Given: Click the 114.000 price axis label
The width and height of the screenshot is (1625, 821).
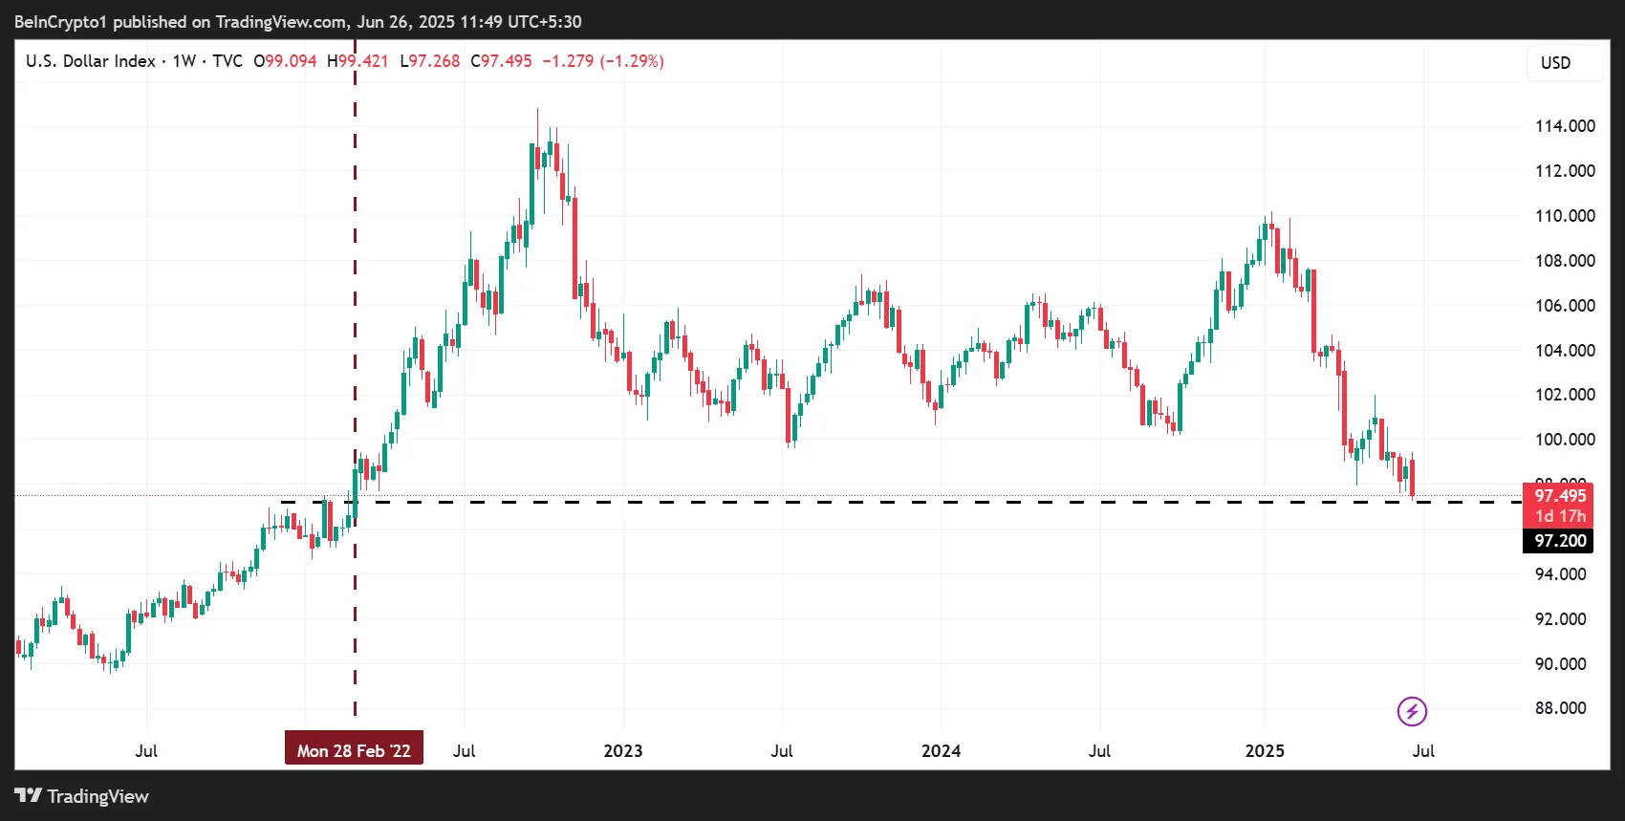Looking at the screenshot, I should tap(1565, 126).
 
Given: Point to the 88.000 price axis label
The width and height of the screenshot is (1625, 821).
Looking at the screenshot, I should tap(1560, 708).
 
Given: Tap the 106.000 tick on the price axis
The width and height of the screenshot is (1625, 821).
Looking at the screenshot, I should tap(1565, 306).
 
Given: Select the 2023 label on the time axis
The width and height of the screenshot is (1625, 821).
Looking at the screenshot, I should tap(623, 751).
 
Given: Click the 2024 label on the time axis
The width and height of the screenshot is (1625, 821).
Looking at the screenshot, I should tap(941, 751).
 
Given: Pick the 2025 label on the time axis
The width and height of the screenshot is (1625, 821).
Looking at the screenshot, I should tap(1265, 751).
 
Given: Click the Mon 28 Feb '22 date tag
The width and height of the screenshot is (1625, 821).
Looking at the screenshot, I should tap(354, 751).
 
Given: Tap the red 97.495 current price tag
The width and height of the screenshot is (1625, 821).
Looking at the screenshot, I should tap(1560, 496).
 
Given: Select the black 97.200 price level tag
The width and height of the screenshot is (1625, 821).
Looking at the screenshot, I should tap(1560, 541).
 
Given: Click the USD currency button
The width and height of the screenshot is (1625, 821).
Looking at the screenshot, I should tap(1555, 63).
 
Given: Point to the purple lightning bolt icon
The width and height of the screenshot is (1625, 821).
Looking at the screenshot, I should tap(1412, 711).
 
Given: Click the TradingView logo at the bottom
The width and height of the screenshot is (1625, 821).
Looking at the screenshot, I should tap(82, 796).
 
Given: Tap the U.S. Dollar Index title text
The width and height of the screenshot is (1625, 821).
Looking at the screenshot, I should tap(91, 61).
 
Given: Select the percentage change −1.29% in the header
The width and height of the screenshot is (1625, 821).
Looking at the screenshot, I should tap(632, 61).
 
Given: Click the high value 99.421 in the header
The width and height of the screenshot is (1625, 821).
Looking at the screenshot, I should tap(364, 61).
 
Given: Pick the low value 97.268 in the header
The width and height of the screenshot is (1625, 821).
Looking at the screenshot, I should tap(435, 61).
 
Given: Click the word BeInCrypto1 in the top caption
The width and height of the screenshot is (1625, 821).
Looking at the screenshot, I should tap(60, 21).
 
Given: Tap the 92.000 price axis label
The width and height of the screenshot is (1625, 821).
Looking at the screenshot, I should tap(1560, 619).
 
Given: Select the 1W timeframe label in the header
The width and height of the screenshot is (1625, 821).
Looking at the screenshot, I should tap(184, 61).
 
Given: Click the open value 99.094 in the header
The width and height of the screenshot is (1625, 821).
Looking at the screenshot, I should tap(291, 61).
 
